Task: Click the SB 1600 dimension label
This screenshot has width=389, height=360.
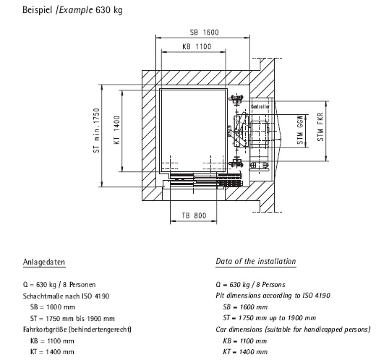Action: (x=205, y=33)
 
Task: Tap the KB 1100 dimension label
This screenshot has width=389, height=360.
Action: (x=197, y=47)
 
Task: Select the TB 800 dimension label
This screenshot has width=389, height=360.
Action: (x=194, y=215)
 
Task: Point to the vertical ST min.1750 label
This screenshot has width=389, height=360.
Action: (x=96, y=130)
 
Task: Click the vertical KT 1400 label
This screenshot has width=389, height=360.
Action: (x=117, y=130)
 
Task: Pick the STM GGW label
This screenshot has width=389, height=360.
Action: (x=300, y=129)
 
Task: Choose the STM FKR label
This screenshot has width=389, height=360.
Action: (x=320, y=127)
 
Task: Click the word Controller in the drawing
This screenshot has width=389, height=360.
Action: (x=260, y=107)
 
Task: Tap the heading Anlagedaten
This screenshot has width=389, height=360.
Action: (x=44, y=262)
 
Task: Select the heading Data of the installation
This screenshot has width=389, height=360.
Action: (x=256, y=261)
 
